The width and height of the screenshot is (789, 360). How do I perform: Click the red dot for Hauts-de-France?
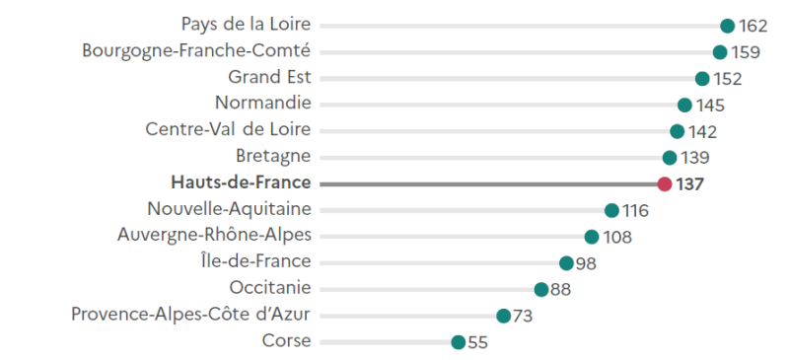point(665,183)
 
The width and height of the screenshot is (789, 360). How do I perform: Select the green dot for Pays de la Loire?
point(728,26)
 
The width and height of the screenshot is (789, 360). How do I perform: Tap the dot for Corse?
point(458,342)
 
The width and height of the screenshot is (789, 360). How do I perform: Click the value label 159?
point(746,52)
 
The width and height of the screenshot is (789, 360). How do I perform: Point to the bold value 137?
point(689,183)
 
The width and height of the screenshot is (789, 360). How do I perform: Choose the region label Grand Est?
point(269,76)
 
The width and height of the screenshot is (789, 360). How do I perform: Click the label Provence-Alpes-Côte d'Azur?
point(191,314)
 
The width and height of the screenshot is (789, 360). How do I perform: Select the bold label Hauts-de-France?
point(241,182)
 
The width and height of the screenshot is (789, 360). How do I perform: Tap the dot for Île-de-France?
point(566,262)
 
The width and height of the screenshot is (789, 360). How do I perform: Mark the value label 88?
point(561,289)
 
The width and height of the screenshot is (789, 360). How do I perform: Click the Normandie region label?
point(262,103)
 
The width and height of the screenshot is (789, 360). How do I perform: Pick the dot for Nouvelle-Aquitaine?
point(611,210)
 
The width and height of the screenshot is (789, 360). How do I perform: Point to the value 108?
point(617,237)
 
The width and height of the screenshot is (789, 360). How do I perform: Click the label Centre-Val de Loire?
point(228,129)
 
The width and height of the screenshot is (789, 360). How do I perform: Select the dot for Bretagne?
point(670,157)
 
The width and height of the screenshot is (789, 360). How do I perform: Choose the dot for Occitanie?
point(541,289)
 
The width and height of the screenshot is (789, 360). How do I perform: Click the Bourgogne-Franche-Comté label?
point(196,50)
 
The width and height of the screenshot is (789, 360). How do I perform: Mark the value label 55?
point(477,342)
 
